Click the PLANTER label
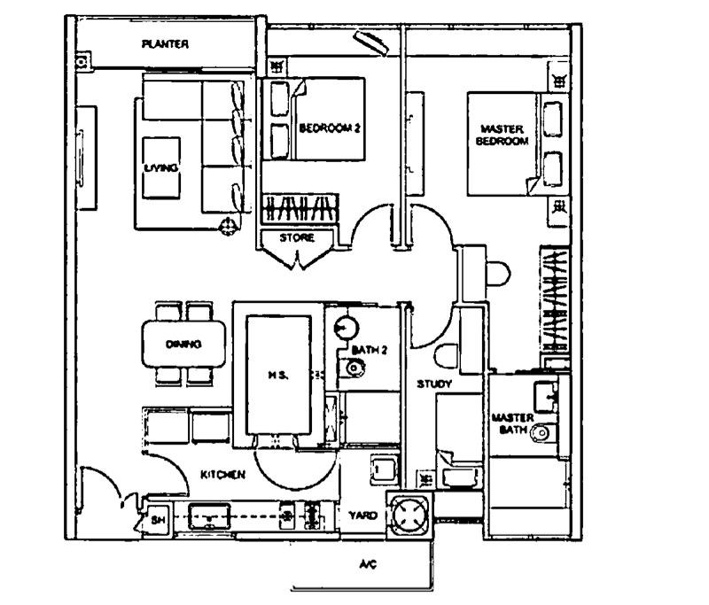[x=165, y=44]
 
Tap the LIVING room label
[x=160, y=167]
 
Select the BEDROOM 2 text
[x=329, y=128]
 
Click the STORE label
[x=297, y=238]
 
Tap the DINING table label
[x=183, y=345]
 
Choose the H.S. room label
[x=277, y=375]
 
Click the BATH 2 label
[x=370, y=351]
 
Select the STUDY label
[x=435, y=384]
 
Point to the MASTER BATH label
[x=511, y=423]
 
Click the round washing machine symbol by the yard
[x=409, y=514]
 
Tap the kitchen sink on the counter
[x=209, y=516]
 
